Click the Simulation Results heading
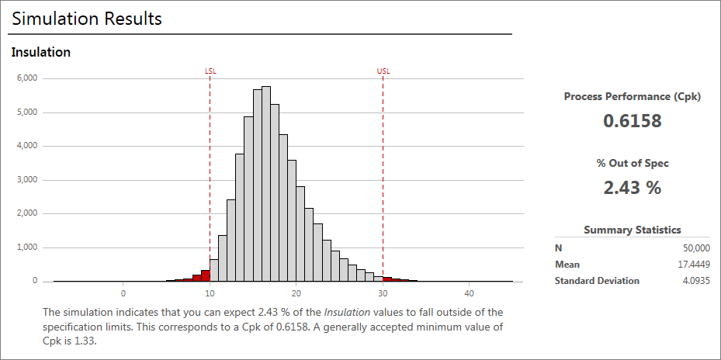(x=87, y=19)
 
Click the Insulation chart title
(x=41, y=52)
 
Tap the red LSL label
(x=210, y=71)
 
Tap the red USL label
(x=383, y=71)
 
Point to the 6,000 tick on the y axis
(x=27, y=78)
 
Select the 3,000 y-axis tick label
(x=27, y=180)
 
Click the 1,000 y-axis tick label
(x=27, y=247)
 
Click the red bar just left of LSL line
(x=205, y=275)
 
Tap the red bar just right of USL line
(x=387, y=279)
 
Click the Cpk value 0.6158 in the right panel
(x=632, y=121)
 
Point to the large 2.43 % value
(x=632, y=188)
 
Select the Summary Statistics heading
(x=632, y=230)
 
